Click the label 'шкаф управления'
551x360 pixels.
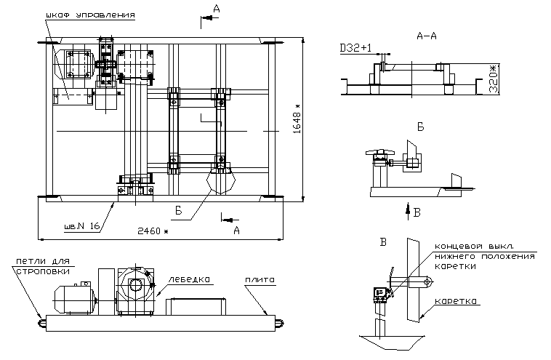point(89,15)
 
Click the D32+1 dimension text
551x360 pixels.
point(356,48)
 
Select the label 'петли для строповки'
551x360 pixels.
point(41,266)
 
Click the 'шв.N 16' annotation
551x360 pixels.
point(81,227)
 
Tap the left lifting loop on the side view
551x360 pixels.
point(39,321)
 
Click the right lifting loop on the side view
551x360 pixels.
point(278,321)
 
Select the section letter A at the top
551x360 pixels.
point(215,8)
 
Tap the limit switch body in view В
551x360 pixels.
point(377,293)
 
